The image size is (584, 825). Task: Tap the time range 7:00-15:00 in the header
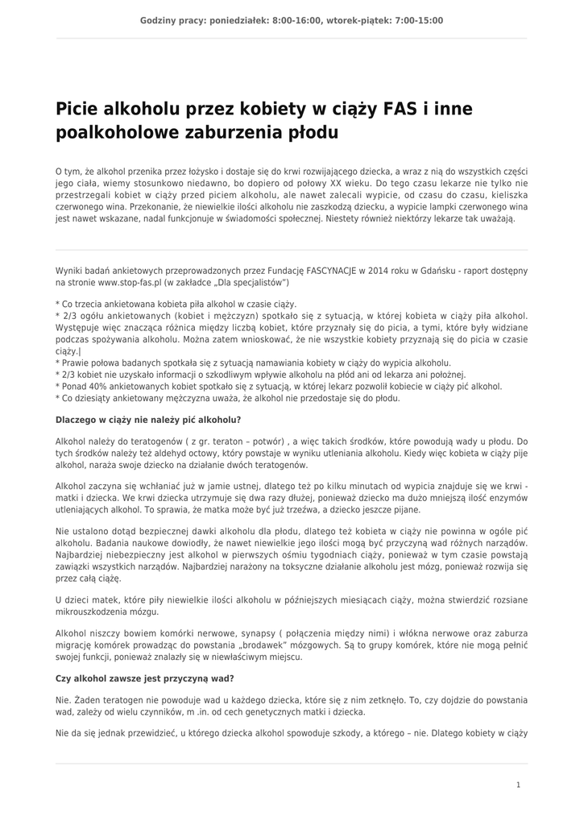(415, 21)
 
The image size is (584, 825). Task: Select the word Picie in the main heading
(77, 109)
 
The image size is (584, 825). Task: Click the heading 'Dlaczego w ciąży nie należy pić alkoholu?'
(148, 420)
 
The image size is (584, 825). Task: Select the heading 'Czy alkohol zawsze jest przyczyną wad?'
(145, 679)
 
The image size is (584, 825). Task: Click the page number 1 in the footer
(518, 784)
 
